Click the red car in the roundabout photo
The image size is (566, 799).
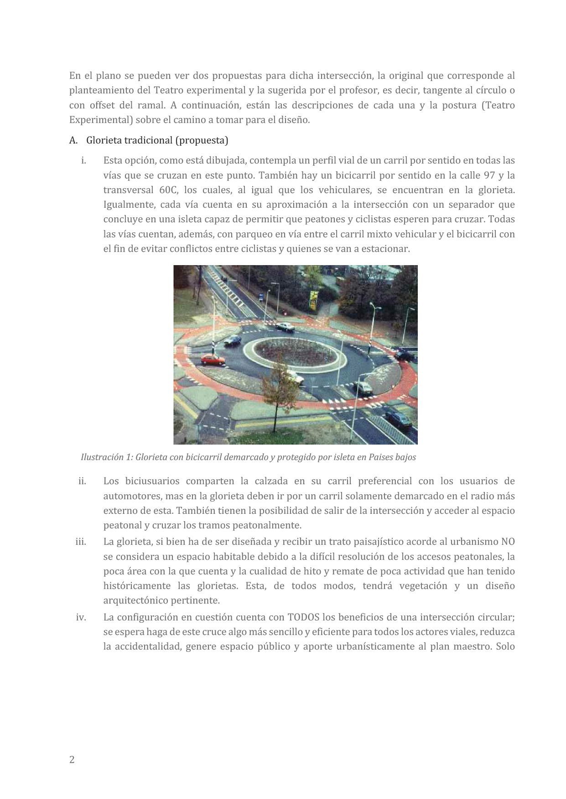(x=213, y=360)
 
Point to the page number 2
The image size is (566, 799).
(x=72, y=759)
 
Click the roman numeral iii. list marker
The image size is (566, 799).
(x=81, y=542)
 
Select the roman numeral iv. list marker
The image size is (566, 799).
(x=81, y=617)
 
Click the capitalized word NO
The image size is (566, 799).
(x=508, y=542)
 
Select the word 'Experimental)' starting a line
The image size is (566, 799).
(x=95, y=120)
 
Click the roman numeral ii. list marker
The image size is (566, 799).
(x=82, y=481)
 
